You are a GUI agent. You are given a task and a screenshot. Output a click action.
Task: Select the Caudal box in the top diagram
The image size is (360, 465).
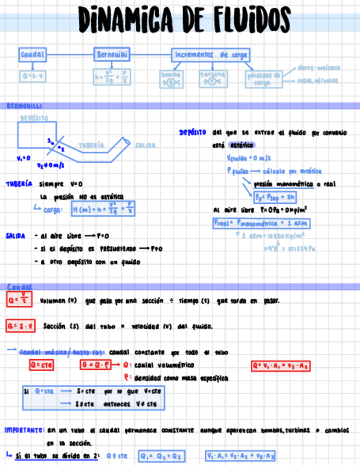[x=32, y=55]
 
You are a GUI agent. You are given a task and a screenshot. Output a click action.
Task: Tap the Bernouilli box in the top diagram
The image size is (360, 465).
[x=113, y=55]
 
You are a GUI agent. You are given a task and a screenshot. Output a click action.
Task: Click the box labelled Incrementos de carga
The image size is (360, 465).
[x=211, y=55]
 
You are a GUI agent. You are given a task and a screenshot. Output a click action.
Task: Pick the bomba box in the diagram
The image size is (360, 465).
[x=171, y=79]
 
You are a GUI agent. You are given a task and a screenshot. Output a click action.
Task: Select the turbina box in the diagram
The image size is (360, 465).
[x=212, y=79]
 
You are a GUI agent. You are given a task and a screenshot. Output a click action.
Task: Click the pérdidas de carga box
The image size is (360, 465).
[x=263, y=79]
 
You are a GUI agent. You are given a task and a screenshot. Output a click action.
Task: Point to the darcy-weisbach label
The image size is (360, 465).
[x=318, y=68]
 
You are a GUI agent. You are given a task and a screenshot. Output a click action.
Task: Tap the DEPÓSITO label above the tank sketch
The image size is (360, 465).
[x=34, y=117]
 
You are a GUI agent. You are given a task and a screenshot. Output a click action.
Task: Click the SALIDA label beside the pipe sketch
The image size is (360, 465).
[x=145, y=145]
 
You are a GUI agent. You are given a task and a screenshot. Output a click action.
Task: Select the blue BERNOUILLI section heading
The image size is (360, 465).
[x=25, y=105]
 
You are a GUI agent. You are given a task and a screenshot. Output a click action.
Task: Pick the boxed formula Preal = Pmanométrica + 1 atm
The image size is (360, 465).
[x=261, y=223]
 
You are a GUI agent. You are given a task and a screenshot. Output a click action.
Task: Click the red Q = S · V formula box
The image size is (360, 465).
[x=21, y=326]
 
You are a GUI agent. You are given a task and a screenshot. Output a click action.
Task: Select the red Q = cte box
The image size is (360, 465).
[x=42, y=365]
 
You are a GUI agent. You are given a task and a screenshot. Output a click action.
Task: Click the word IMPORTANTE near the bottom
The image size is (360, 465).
[x=24, y=430]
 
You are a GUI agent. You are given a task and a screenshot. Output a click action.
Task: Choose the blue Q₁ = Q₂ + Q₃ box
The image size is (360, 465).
[x=162, y=456]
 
